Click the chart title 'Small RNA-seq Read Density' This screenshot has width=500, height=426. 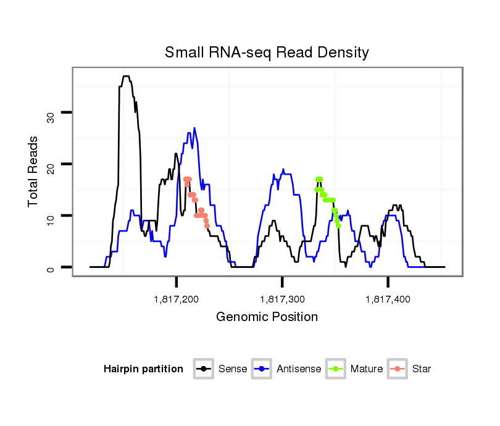[267, 52]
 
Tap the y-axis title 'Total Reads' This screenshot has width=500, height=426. [35, 171]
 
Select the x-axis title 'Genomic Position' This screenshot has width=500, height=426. [267, 317]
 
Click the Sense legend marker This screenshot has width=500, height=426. [203, 369]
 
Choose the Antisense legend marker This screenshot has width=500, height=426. [262, 369]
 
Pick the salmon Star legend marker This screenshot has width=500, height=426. [398, 369]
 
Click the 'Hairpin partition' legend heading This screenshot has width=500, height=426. [143, 369]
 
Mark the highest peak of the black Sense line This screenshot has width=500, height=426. [126, 77]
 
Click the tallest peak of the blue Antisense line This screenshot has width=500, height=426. [194, 128]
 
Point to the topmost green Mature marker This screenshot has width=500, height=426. [319, 179]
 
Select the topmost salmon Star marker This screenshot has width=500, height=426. [187, 179]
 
